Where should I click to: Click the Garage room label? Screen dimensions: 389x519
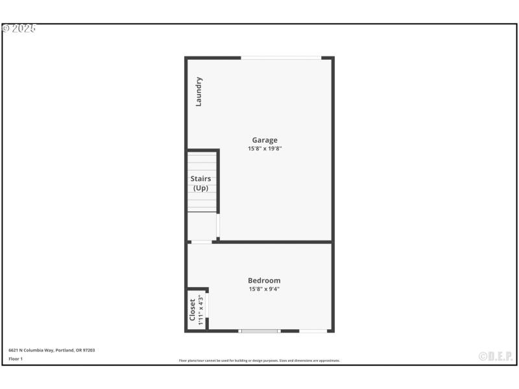coord(265,140)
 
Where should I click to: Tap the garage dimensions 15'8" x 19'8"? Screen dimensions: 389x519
coord(265,148)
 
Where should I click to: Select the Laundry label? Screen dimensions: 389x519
coord(199,91)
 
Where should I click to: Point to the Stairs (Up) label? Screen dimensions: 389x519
coord(200,183)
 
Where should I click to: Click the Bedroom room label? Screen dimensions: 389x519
coord(264,281)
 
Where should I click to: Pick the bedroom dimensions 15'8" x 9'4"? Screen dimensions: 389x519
coord(264,289)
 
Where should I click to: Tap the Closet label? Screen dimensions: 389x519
coord(193,309)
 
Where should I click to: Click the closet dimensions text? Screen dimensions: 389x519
coord(200,309)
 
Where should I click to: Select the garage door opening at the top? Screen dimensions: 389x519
coord(281,58)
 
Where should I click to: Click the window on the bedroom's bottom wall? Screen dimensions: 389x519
coord(259,331)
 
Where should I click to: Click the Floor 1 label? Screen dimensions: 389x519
coord(16,359)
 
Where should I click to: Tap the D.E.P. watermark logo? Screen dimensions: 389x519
coord(496,356)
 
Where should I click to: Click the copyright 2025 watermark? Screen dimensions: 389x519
coord(19,29)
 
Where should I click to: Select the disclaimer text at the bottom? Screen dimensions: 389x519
coord(259,360)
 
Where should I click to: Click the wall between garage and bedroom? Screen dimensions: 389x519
coord(272,242)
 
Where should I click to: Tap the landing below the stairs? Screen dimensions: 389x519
coord(202,226)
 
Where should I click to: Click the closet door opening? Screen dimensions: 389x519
coord(208,305)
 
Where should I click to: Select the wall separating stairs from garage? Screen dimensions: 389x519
coord(218,182)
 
